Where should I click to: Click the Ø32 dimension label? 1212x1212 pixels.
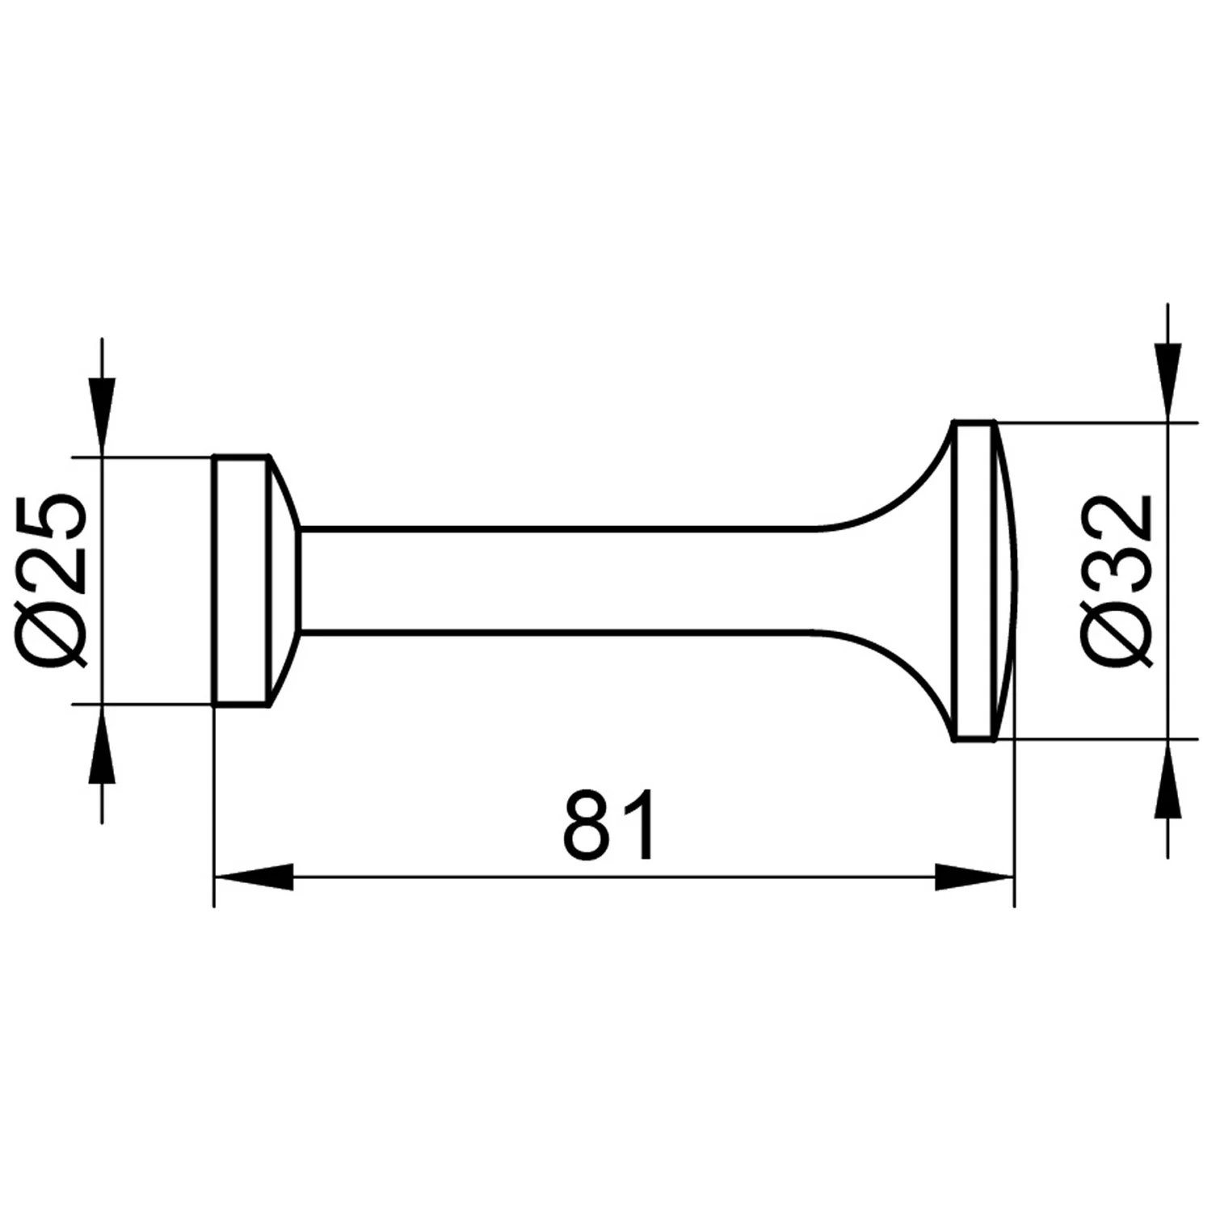click(1119, 580)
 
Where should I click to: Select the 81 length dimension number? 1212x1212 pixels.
click(610, 825)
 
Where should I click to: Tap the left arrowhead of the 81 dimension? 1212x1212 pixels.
click(253, 877)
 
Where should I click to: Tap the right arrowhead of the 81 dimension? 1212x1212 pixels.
click(974, 877)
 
